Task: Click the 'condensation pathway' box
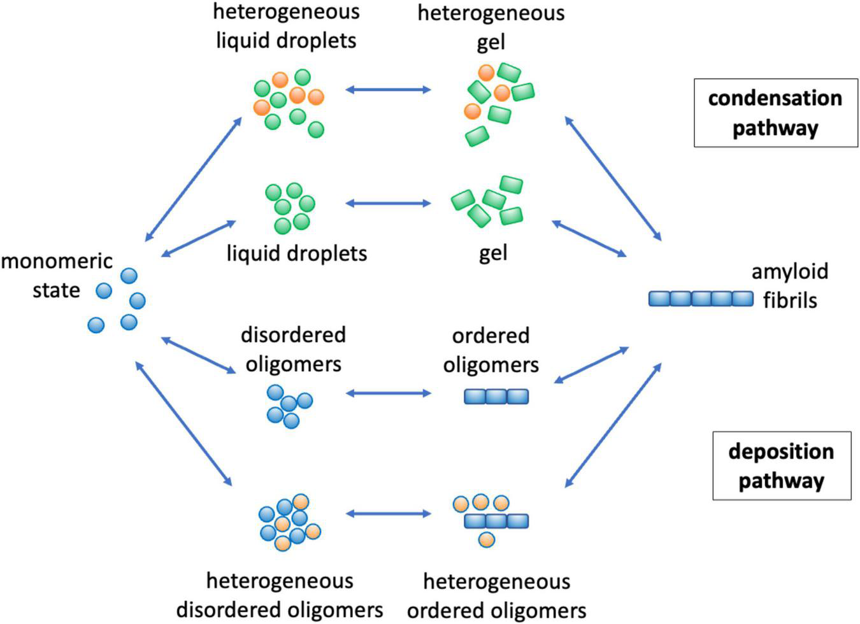coord(775,113)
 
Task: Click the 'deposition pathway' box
coord(781,465)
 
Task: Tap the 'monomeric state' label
coord(57,275)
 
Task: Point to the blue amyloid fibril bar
coord(701,299)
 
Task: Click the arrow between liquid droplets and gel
coord(388,204)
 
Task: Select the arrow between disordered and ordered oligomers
coord(388,394)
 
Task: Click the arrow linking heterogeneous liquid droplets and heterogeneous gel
coord(388,90)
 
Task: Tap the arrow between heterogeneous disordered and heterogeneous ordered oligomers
coord(388,513)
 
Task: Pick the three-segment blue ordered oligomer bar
coord(496,397)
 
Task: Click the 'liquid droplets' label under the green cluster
coord(297,253)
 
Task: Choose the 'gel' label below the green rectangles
coord(493,253)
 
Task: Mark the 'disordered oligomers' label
coord(293,350)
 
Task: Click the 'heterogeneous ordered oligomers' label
coord(496,595)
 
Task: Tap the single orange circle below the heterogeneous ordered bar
coord(486,540)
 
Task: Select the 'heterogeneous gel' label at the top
coord(491,27)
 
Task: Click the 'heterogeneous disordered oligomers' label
coord(280,595)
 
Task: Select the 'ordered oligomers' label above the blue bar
coord(491,350)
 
